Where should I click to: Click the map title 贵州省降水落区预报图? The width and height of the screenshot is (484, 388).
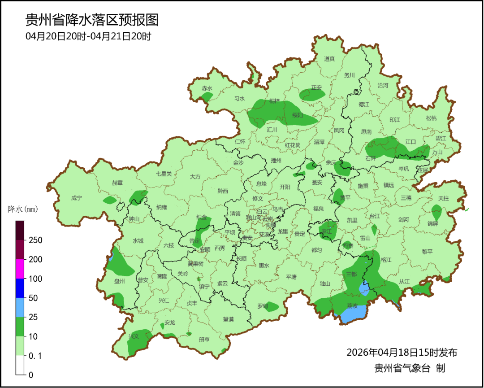coord(92,20)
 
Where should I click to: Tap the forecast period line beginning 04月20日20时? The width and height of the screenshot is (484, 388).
coord(88,36)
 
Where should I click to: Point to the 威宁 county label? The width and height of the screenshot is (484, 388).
coord(77,198)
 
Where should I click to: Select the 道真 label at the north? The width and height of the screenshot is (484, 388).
coord(329,58)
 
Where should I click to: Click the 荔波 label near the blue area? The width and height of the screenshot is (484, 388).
coord(352,305)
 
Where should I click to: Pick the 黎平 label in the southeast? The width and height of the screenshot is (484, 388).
coord(428,252)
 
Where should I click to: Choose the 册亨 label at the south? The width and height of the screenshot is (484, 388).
coord(204,340)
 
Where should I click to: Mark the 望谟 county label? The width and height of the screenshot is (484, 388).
coord(229,319)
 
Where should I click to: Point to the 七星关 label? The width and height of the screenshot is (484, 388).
coord(164,174)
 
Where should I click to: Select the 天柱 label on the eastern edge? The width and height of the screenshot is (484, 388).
coord(443,198)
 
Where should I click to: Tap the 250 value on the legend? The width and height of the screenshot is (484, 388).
coord(35,240)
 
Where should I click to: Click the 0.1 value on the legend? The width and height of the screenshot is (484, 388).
coord(35,356)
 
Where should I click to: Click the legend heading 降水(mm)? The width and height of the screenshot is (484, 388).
coord(24,209)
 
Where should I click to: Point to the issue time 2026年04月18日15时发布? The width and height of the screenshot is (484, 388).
coord(402,352)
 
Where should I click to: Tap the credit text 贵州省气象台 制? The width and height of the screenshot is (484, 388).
coord(410,368)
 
